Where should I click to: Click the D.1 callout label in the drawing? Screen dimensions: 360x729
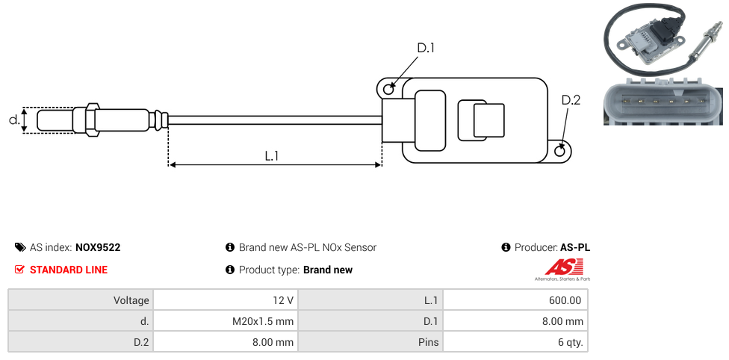tap(425, 48)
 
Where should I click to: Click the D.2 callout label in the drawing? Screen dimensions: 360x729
tap(571, 100)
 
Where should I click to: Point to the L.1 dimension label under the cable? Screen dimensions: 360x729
tap(272, 156)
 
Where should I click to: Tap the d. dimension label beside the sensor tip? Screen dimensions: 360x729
tap(13, 120)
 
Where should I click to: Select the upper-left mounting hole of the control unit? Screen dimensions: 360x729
tap(388, 90)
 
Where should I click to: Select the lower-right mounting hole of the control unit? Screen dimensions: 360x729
tap(561, 151)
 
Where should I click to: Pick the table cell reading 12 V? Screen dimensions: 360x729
tap(283, 300)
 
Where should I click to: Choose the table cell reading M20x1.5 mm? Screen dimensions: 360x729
tap(263, 321)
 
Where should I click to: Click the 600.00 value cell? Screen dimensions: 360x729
tap(565, 300)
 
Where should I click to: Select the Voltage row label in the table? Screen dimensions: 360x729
tap(131, 300)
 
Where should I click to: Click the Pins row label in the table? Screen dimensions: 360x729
tap(428, 343)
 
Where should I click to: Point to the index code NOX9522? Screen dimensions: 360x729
tap(98, 247)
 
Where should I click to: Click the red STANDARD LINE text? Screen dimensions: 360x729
tap(69, 270)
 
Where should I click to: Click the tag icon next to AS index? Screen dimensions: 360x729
tap(20, 247)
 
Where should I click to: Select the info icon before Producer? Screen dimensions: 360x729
tap(506, 247)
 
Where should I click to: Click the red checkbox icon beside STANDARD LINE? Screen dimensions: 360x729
tap(20, 270)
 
